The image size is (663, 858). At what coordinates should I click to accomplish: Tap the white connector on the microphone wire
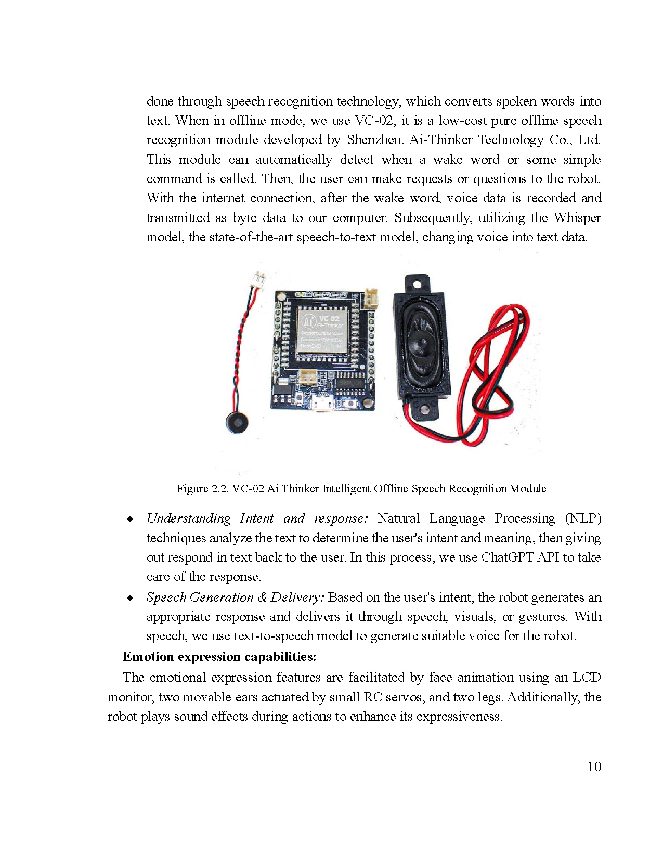coord(257,279)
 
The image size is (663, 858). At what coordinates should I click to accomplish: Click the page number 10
coord(594,766)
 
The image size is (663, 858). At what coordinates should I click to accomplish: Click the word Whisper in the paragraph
coord(577,217)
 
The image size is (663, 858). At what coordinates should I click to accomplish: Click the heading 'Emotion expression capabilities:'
coord(219,657)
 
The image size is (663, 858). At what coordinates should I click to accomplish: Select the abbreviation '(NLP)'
coord(582,518)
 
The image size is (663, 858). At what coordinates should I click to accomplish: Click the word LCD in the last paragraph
coord(587,678)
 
